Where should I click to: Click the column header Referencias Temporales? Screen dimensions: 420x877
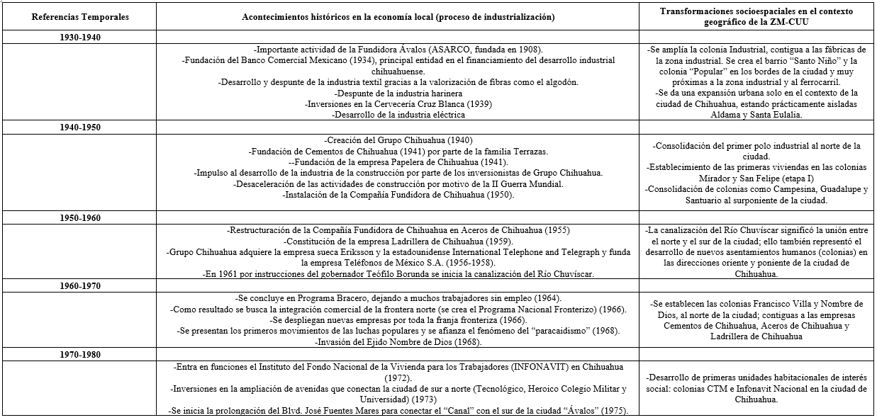[80, 16]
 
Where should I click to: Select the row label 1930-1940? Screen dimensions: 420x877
[80, 38]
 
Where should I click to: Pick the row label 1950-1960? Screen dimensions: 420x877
[80, 217]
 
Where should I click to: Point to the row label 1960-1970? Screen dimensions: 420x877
[80, 286]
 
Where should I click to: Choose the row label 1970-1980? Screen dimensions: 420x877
[80, 354]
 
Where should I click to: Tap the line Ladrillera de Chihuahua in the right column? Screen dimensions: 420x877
[757, 337]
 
